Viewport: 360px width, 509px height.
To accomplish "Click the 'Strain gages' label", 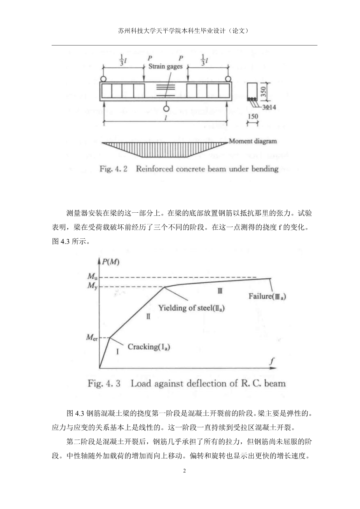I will (165, 66).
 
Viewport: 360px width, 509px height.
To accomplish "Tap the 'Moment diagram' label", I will (253, 141).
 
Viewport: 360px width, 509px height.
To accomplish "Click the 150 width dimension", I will (253, 116).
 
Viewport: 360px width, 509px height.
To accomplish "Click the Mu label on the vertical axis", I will (92, 277).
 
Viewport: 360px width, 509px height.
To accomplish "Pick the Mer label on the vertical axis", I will (92, 338).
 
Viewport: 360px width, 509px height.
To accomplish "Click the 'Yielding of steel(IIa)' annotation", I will (192, 308).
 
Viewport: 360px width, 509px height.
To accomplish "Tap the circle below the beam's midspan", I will (166, 109).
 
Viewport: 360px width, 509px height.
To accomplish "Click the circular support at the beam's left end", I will (103, 79).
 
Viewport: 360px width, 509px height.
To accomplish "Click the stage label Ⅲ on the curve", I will (220, 291).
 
